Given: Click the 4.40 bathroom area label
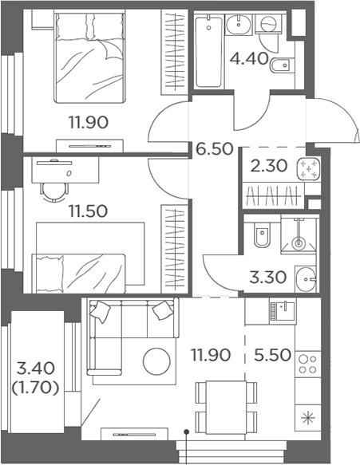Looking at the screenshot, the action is click(x=249, y=58).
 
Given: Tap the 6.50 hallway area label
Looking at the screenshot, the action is click(x=214, y=148).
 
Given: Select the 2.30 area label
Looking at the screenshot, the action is click(x=268, y=166).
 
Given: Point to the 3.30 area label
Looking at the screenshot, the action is click(x=267, y=278).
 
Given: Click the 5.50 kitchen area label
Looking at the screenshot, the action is click(x=272, y=355).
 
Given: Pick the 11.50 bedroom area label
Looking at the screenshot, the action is click(x=88, y=211).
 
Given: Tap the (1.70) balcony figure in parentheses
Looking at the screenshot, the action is click(x=35, y=388).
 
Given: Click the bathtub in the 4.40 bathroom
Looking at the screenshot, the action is click(x=209, y=52).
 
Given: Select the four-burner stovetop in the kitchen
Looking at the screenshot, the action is click(x=308, y=365).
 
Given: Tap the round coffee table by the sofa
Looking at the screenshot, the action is click(x=156, y=361).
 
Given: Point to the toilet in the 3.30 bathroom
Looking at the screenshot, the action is click(x=262, y=235).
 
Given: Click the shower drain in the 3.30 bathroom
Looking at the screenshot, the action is click(x=298, y=243).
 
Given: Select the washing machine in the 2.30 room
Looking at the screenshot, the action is click(x=308, y=168).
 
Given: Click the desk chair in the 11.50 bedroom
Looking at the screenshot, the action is click(x=55, y=193).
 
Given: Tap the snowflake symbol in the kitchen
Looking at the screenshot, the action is click(x=308, y=418).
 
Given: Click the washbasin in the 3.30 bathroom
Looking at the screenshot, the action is click(x=306, y=279).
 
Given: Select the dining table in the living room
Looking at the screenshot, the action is click(x=226, y=408).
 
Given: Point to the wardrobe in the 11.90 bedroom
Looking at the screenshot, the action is click(x=175, y=52).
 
